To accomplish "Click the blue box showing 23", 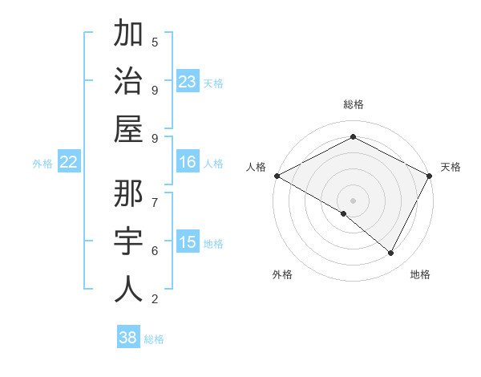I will pos(187,82).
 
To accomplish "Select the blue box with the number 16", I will pos(187,163).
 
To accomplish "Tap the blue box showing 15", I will pos(187,242).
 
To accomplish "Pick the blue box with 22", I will pos(68,163).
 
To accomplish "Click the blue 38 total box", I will pos(127,338).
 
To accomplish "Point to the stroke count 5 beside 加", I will pos(155,42).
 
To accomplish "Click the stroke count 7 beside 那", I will pos(155,201).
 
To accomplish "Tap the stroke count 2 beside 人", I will pos(155,300).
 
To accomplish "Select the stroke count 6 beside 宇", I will pos(155,250).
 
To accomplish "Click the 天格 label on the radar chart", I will pos(451,167).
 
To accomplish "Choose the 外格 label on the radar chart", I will pos(282,275).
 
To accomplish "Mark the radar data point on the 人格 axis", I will pos(277,176).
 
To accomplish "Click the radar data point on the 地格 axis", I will pos(391,253).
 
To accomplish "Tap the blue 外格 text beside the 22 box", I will pos(42,164).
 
